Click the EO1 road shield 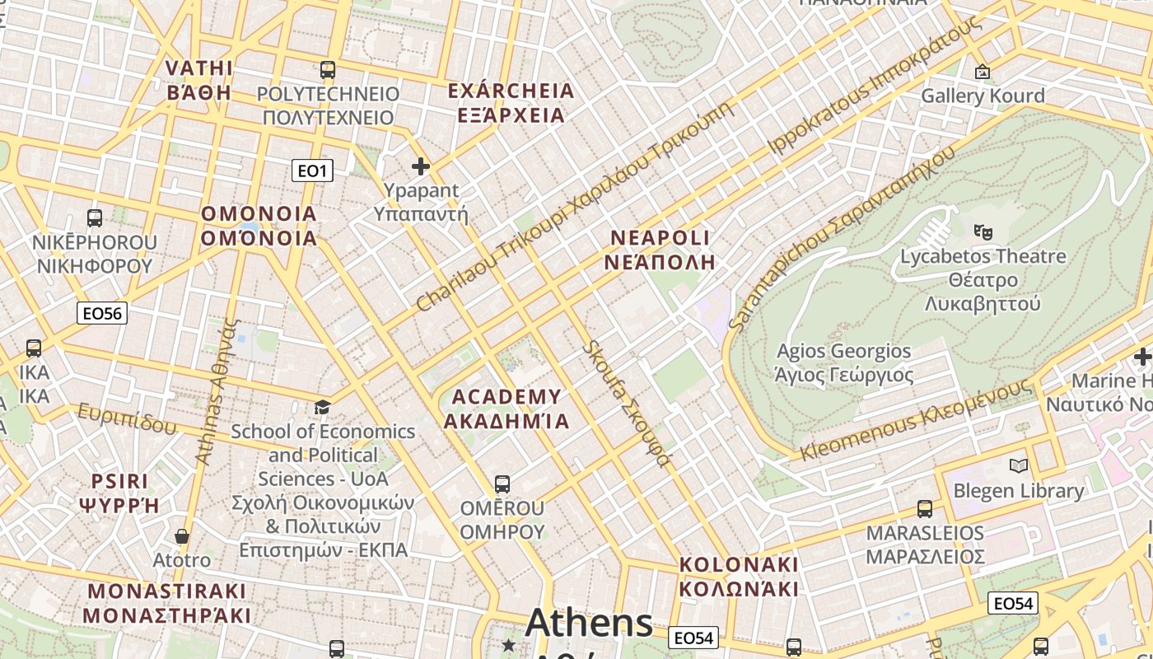pyautogui.click(x=312, y=171)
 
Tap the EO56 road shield pyautogui.click(x=103, y=313)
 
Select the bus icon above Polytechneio pyautogui.click(x=328, y=70)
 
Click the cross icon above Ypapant pyautogui.click(x=421, y=166)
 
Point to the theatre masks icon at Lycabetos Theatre pyautogui.click(x=982, y=232)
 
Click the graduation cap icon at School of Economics pyautogui.click(x=323, y=407)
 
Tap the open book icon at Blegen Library pyautogui.click(x=1019, y=466)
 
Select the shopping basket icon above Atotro pyautogui.click(x=182, y=536)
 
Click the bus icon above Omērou pyautogui.click(x=502, y=484)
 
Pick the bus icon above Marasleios pyautogui.click(x=925, y=508)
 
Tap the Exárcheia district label pyautogui.click(x=511, y=102)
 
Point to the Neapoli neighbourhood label pyautogui.click(x=660, y=250)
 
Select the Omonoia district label pyautogui.click(x=259, y=226)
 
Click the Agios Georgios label pyautogui.click(x=844, y=363)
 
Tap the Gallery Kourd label pyautogui.click(x=982, y=96)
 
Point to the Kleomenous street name pyautogui.click(x=914, y=420)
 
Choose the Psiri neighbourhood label pyautogui.click(x=120, y=493)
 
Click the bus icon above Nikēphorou pyautogui.click(x=95, y=218)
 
